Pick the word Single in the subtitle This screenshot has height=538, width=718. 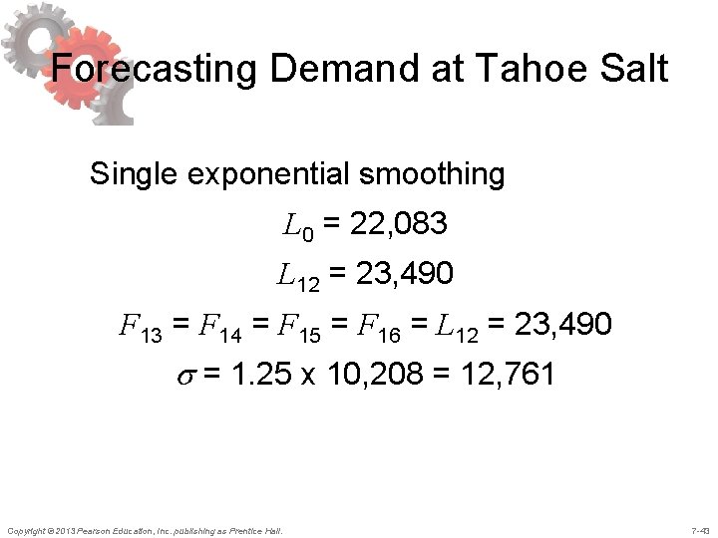pyautogui.click(x=132, y=174)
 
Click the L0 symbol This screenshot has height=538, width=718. pyautogui.click(x=298, y=228)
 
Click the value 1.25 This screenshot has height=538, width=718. pyautogui.click(x=248, y=376)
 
